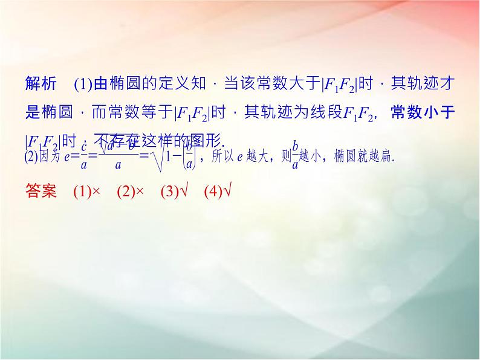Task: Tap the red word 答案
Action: coord(41,191)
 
